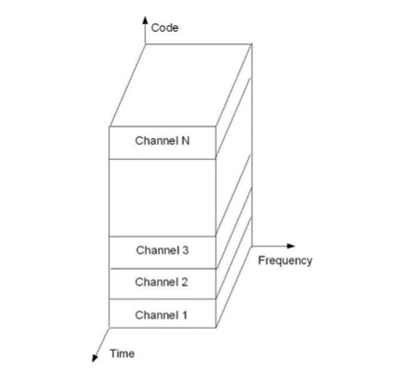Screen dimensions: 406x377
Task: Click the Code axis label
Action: (x=165, y=28)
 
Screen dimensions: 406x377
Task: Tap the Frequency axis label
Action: (x=285, y=260)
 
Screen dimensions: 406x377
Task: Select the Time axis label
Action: (x=122, y=353)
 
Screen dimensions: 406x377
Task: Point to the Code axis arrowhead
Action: (x=145, y=20)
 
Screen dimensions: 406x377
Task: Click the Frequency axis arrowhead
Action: (x=291, y=246)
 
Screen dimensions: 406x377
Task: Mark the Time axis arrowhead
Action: (x=95, y=358)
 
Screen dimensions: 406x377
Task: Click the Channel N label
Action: (x=162, y=141)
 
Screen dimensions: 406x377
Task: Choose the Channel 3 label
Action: (x=162, y=250)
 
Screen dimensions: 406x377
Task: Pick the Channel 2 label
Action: (x=161, y=282)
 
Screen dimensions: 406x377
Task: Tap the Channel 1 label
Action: (x=161, y=316)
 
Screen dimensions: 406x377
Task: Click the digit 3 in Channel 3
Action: (x=185, y=250)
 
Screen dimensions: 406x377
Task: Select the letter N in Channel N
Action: (x=186, y=141)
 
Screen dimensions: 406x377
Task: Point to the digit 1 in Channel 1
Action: (x=184, y=316)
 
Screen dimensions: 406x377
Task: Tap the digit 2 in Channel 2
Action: (x=184, y=282)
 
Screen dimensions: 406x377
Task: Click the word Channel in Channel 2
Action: (x=157, y=282)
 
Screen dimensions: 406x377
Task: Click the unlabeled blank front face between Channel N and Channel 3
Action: (x=162, y=197)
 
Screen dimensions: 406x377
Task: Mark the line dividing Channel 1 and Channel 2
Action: (x=162, y=299)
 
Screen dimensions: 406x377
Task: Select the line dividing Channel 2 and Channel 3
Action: (x=163, y=269)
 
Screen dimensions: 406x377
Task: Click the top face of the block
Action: (x=180, y=86)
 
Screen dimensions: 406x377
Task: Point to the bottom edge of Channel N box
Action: (x=162, y=159)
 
